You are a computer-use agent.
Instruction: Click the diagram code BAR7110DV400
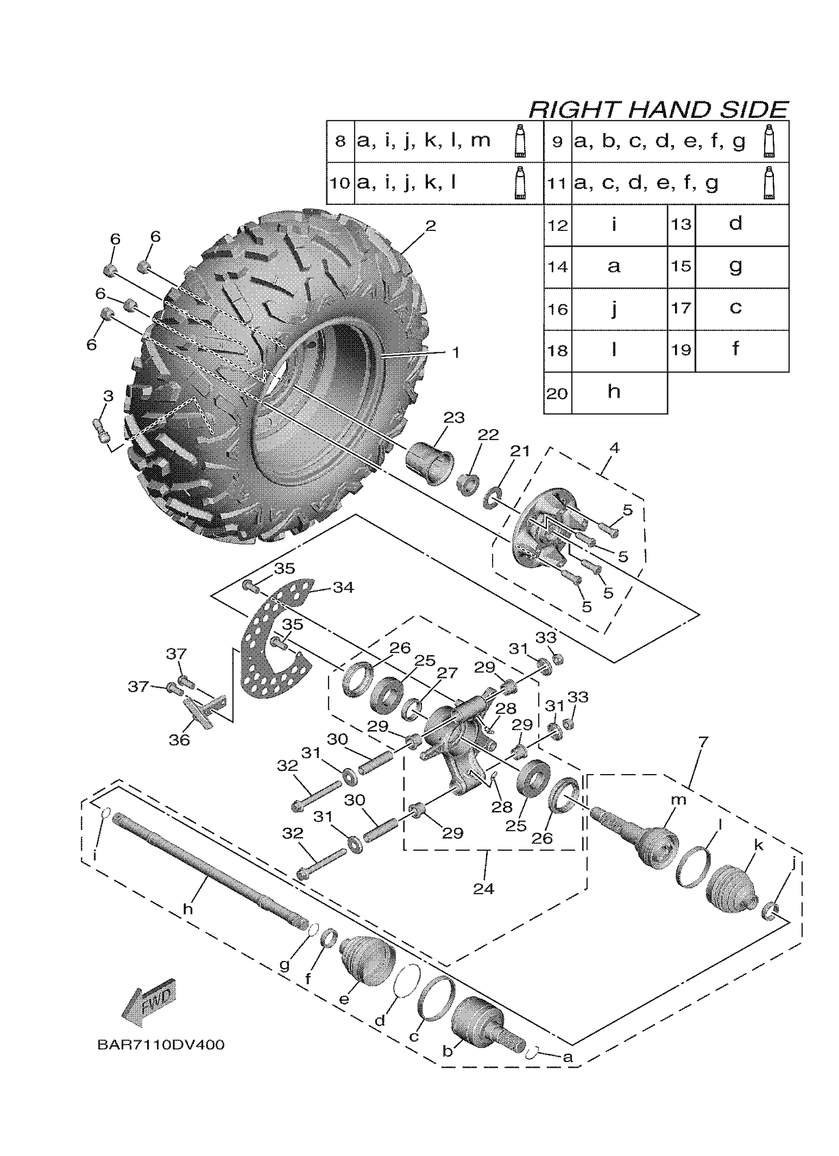tap(160, 1045)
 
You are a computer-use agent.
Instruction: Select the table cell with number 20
tap(557, 393)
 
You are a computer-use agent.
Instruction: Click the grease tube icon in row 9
tap(768, 141)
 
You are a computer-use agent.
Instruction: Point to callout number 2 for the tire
tap(431, 226)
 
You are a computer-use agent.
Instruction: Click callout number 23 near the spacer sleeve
tap(454, 417)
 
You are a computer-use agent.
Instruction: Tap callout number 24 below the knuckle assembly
tap(483, 889)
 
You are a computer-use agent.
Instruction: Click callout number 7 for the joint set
tap(703, 742)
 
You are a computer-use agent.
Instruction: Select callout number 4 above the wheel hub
tap(614, 448)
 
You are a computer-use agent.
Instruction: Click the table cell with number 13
tap(681, 224)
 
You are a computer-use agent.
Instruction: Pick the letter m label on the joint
tap(679, 800)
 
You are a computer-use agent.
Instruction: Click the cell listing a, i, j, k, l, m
tap(423, 141)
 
